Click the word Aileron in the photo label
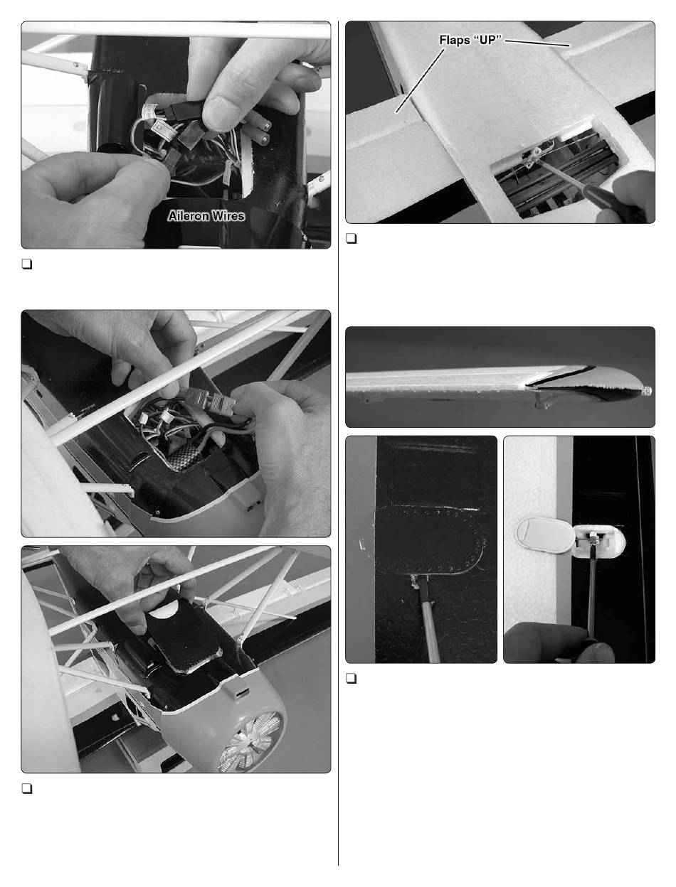point(188,216)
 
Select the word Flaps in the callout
point(454,40)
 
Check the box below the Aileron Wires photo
point(27,264)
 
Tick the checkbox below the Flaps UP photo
point(351,238)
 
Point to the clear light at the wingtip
point(645,391)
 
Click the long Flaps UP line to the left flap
point(420,80)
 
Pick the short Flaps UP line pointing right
point(537,43)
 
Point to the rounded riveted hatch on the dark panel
point(431,540)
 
